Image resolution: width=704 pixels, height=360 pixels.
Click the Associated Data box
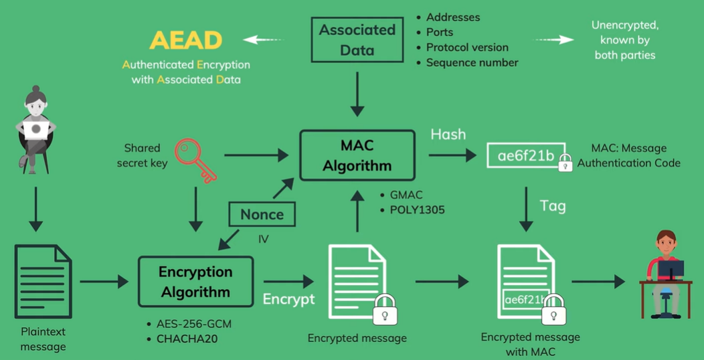357,39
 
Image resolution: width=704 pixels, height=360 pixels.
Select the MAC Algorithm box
357,155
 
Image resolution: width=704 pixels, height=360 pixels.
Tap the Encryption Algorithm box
195,282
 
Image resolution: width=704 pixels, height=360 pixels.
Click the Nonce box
262,215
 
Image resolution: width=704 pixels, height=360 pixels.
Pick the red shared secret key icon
195,160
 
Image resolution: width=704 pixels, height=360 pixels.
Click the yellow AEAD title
185,40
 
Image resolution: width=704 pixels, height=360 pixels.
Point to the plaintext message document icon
43,281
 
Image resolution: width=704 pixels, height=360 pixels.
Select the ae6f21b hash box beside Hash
526,156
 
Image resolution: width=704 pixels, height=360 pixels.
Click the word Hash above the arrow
448,134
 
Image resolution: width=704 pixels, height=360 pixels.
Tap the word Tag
553,206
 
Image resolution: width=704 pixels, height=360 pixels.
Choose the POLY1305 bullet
417,210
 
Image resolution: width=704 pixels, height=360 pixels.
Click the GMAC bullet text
407,195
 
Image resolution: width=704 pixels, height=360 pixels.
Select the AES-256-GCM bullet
194,325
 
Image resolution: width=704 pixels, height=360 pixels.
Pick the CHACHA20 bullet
188,339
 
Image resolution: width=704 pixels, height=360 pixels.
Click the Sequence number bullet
472,63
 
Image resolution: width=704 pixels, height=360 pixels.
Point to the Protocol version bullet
467,48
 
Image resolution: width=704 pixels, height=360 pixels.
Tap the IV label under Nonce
263,238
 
